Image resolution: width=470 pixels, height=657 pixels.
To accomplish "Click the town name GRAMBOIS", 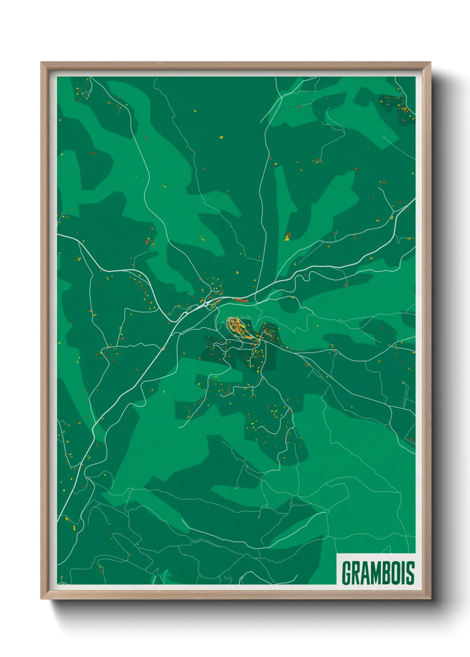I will [378, 573].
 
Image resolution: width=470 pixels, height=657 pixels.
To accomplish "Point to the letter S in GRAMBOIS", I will [410, 573].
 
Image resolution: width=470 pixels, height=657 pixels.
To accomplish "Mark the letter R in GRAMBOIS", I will [354, 573].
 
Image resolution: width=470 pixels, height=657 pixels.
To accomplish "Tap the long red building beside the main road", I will [240, 300].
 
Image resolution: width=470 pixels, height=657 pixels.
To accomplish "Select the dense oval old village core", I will [238, 327].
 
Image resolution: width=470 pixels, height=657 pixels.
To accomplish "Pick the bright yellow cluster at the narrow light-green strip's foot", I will [287, 237].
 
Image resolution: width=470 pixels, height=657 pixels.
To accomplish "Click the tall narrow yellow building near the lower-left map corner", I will [74, 528].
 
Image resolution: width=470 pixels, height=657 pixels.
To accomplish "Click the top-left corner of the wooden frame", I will [41, 63].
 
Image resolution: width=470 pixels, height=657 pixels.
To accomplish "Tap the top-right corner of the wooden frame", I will [430, 63].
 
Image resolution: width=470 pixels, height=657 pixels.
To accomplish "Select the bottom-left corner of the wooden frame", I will [41, 599].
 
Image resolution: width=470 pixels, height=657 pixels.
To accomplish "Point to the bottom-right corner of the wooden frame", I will [430, 599].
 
